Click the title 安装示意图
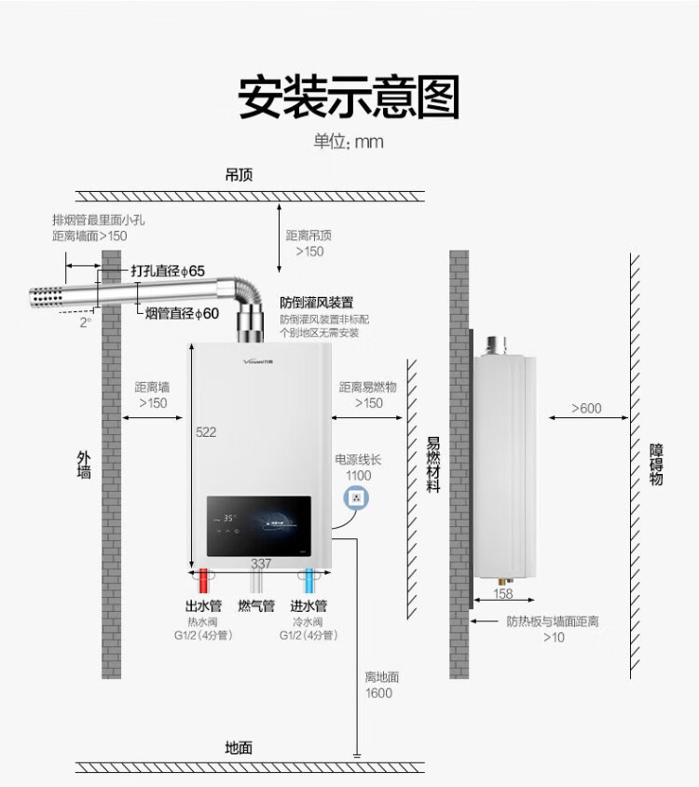tap(349, 98)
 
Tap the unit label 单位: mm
tap(349, 142)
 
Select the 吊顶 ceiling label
tap(239, 175)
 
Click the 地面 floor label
tap(239, 747)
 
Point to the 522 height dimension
tap(206, 432)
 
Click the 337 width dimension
tap(261, 563)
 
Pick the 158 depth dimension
tap(502, 593)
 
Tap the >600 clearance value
tap(586, 408)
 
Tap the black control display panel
tap(258, 526)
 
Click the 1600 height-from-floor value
tap(378, 693)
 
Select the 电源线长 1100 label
tap(358, 468)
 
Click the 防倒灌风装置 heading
tap(317, 303)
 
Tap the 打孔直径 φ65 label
tap(168, 271)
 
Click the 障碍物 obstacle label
tap(657, 464)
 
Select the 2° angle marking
tap(86, 321)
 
